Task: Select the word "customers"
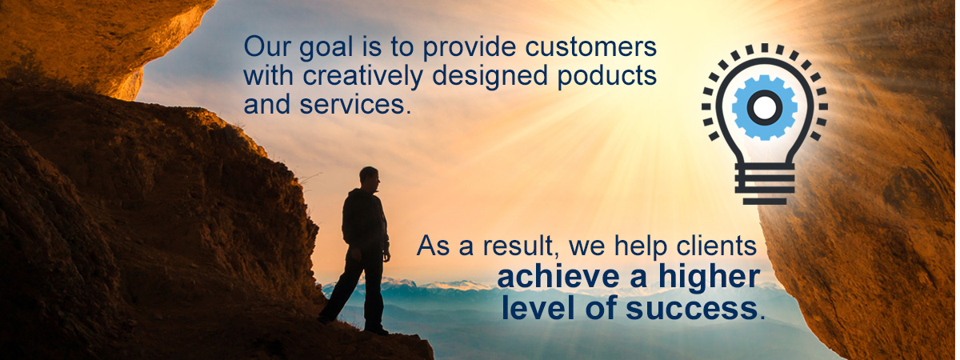click(591, 46)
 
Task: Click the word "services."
click(355, 105)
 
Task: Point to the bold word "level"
click(539, 308)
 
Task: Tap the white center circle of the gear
click(765, 107)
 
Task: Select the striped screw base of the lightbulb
click(765, 184)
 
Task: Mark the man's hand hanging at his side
click(386, 256)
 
